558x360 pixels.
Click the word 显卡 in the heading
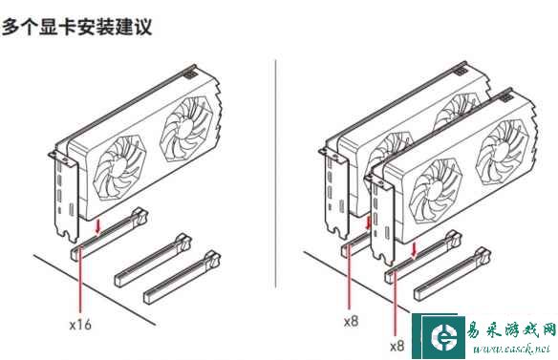click(58, 27)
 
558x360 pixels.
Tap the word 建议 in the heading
click(134, 27)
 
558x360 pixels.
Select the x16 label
click(80, 325)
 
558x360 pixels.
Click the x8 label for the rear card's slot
click(351, 322)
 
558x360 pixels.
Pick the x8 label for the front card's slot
click(397, 346)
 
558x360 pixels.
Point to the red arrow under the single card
click(98, 227)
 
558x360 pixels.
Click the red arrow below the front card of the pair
click(414, 249)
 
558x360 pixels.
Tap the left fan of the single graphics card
click(119, 168)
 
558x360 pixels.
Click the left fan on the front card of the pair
click(436, 191)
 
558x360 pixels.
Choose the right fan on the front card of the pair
click(502, 152)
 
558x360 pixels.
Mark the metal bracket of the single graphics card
click(64, 197)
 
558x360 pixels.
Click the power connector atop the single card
click(190, 74)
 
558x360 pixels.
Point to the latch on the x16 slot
click(139, 216)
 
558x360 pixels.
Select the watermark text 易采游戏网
click(512, 330)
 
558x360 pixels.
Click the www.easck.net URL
click(512, 349)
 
